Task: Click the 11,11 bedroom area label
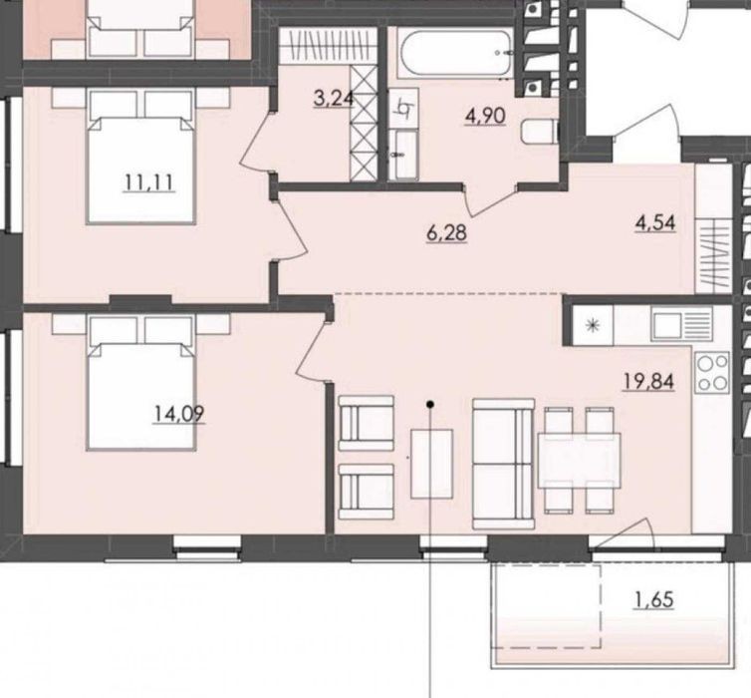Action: coord(149,182)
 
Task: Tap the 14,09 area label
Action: coord(178,414)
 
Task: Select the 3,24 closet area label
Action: coord(334,99)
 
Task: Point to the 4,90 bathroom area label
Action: coord(485,116)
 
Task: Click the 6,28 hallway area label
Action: coord(446,233)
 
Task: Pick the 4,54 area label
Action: coord(655,223)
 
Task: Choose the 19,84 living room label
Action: coord(648,382)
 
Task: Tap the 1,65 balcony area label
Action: coord(653,599)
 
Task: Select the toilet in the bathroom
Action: coord(539,132)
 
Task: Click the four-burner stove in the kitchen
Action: coord(712,373)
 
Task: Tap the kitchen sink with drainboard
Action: coord(681,324)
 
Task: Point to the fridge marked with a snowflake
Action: coord(593,325)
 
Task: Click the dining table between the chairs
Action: coord(579,461)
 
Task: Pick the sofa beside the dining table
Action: coord(503,464)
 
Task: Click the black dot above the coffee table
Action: coord(430,405)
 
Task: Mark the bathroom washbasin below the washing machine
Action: coord(403,155)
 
